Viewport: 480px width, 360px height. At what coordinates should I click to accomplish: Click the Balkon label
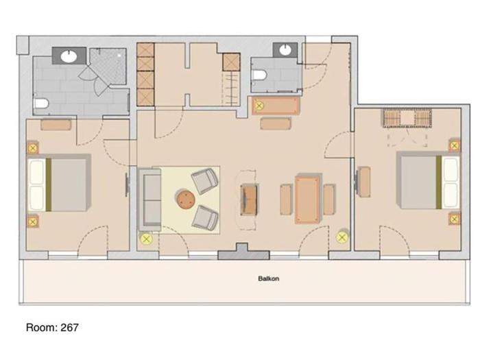(x=269, y=278)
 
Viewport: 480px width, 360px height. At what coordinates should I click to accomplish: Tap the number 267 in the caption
(x=69, y=328)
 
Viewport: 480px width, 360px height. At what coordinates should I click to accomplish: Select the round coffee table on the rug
(x=186, y=200)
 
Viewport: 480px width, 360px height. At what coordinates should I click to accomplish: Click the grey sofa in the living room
(x=149, y=199)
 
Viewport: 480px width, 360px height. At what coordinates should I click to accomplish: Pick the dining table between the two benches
(x=307, y=199)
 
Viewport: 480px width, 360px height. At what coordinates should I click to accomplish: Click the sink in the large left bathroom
(x=69, y=56)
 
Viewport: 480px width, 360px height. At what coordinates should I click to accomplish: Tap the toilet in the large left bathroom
(x=41, y=103)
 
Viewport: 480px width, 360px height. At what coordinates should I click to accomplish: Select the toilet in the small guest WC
(x=260, y=75)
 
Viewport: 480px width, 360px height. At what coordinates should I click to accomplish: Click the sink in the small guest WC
(x=285, y=50)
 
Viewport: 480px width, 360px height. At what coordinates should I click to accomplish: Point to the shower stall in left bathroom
(x=108, y=66)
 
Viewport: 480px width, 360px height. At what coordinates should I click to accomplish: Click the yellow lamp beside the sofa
(x=147, y=239)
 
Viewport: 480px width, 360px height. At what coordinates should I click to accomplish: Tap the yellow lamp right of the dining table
(x=342, y=237)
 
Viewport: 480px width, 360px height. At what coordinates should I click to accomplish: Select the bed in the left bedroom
(x=60, y=183)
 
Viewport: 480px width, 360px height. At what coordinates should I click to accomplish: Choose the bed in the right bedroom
(x=428, y=180)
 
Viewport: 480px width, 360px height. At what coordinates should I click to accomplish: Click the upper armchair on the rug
(x=204, y=181)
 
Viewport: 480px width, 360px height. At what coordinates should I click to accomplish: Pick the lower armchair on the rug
(x=204, y=217)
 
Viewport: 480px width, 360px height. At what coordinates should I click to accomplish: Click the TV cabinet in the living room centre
(x=248, y=200)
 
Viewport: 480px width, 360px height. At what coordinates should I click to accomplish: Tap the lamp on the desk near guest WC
(x=259, y=106)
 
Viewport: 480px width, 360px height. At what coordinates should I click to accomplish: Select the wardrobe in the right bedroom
(x=407, y=118)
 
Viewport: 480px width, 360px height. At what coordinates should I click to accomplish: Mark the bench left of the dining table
(x=286, y=200)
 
